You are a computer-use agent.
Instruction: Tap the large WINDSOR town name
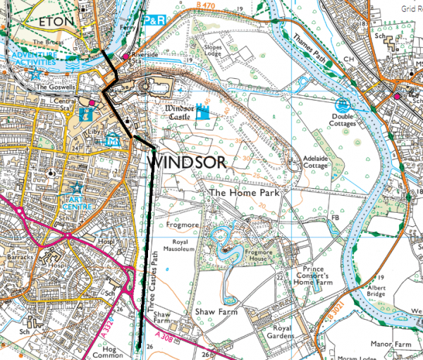(x=186, y=163)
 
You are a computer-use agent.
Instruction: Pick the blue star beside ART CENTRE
(x=75, y=187)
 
